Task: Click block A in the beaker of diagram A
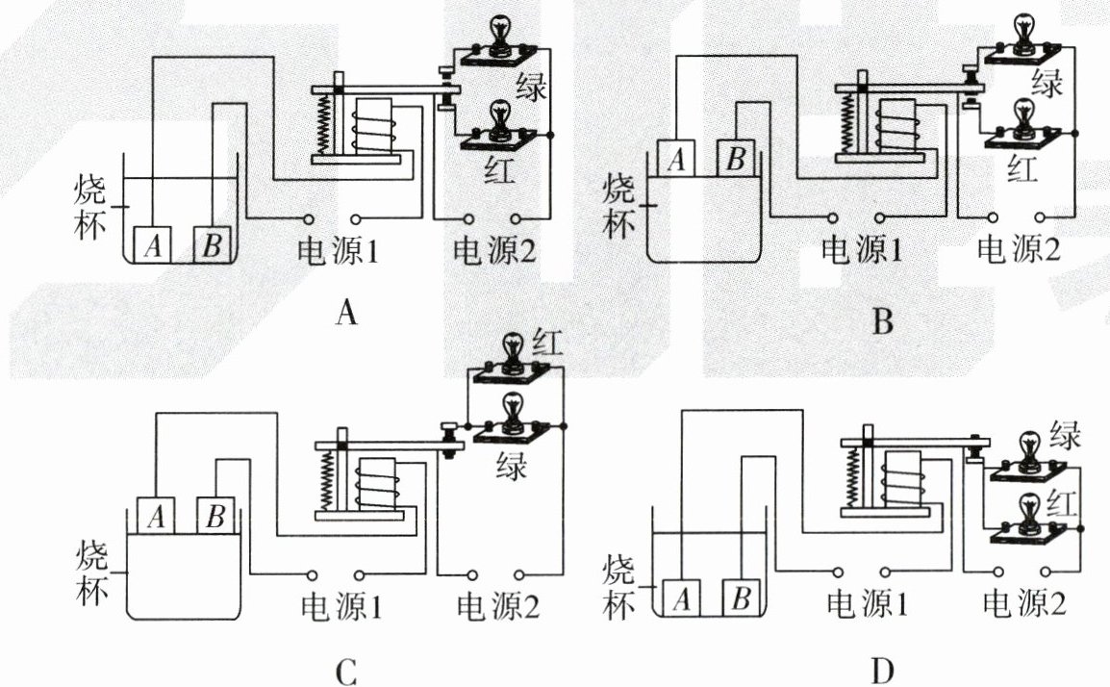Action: coord(152,245)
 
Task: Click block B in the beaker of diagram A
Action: coord(212,245)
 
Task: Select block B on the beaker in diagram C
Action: coord(215,517)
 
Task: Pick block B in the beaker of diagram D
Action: coord(740,600)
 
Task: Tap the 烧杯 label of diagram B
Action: coord(620,205)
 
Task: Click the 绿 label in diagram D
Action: coord(1066,435)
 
